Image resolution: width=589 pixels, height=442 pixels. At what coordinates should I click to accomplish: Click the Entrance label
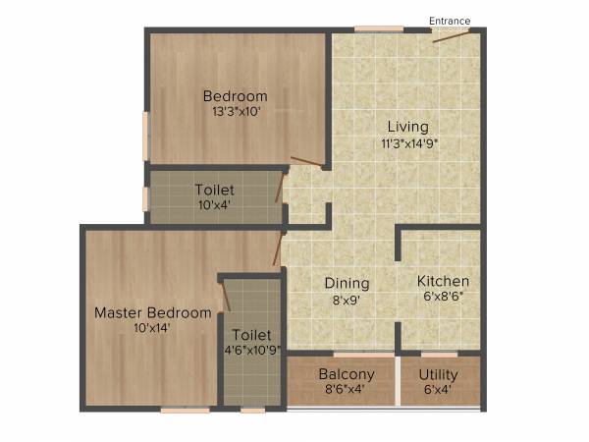(x=450, y=21)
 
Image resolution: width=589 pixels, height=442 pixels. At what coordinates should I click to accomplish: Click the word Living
(x=407, y=127)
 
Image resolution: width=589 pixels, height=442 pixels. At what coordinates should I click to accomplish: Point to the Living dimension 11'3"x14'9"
(x=409, y=143)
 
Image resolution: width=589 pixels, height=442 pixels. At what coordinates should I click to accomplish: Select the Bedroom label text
(x=235, y=96)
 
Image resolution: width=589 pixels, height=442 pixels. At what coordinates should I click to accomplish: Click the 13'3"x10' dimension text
(x=236, y=112)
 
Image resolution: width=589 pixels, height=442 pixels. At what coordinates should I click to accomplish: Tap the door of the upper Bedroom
(x=307, y=163)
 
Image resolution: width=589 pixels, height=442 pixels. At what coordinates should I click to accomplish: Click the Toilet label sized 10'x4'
(x=213, y=190)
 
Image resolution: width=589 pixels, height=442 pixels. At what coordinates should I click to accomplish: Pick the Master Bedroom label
(x=152, y=313)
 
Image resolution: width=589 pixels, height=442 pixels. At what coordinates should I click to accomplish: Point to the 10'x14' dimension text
(x=152, y=329)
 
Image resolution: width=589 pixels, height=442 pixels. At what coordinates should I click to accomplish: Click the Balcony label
(x=347, y=374)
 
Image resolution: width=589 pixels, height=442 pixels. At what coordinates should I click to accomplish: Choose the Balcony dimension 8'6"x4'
(x=346, y=390)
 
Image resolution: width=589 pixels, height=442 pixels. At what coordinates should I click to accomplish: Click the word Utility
(x=439, y=374)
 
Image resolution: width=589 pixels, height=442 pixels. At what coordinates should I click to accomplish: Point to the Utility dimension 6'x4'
(x=439, y=390)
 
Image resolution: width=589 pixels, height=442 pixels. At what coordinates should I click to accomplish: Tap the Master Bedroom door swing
(x=278, y=249)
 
